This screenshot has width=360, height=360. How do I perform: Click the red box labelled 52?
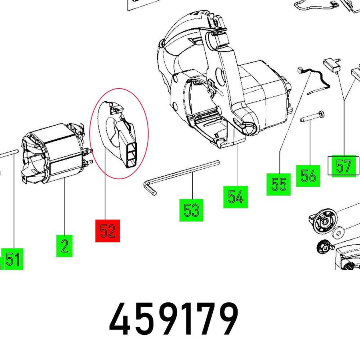point(108,231)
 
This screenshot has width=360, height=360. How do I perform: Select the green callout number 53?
point(191,210)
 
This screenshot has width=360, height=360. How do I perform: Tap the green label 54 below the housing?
point(236,197)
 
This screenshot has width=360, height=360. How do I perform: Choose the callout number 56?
point(308,176)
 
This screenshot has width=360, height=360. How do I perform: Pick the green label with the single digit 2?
point(64,246)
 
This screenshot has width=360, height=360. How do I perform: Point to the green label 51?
point(12,259)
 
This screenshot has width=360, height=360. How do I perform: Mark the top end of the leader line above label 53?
point(192,172)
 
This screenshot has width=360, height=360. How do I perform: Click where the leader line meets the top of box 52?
point(105,220)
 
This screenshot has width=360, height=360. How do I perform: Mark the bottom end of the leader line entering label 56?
point(310,165)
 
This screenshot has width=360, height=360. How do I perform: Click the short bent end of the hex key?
point(150,187)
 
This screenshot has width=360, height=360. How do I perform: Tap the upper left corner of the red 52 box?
point(96,220)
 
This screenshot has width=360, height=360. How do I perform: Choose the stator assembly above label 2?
point(57,153)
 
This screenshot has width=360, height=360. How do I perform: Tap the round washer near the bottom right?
point(338,234)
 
